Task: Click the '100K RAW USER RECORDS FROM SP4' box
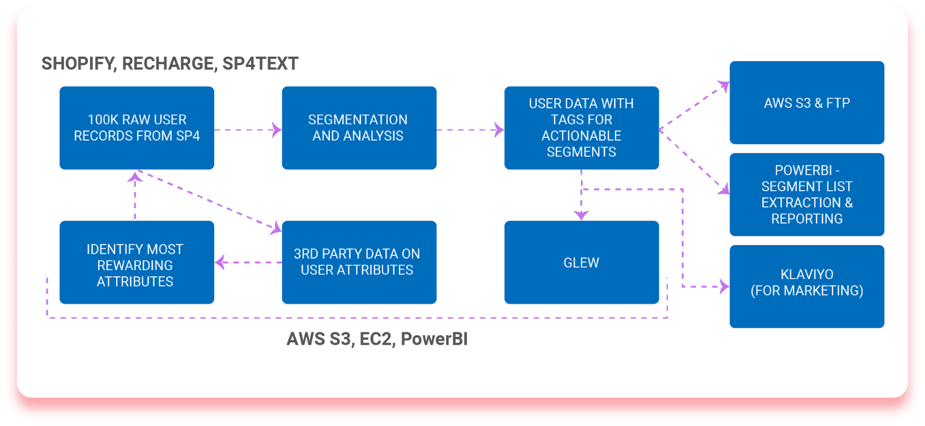(x=137, y=128)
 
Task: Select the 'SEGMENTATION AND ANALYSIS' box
(x=359, y=128)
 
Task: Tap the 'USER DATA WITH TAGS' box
(x=582, y=128)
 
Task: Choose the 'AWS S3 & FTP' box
(x=807, y=103)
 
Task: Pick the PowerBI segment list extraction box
(x=807, y=194)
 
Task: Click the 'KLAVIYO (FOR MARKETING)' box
(x=807, y=286)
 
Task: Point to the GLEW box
(x=582, y=263)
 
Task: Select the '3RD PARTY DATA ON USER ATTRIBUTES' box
(x=359, y=263)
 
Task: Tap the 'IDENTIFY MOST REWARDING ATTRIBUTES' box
(x=137, y=263)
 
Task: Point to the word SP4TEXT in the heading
(x=260, y=64)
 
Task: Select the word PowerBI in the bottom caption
(x=434, y=339)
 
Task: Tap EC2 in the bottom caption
(x=375, y=339)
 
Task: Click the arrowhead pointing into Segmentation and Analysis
(x=277, y=130)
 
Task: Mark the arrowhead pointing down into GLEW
(x=582, y=216)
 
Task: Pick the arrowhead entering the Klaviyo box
(x=724, y=286)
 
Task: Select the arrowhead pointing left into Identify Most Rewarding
(x=220, y=263)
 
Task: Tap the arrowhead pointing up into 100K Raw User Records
(x=135, y=176)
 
